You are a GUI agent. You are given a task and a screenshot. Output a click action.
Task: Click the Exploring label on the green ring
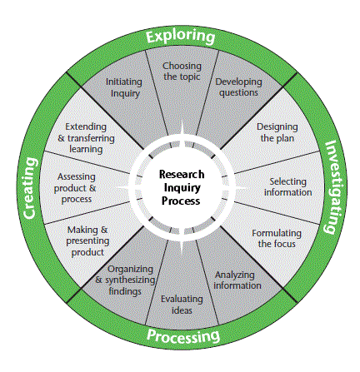coord(181,37)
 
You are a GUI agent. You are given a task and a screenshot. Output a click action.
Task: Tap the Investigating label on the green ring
coord(335,187)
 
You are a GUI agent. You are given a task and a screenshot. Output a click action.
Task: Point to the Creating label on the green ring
coord(29,188)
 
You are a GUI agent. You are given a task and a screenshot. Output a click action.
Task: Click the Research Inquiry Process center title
coord(181,187)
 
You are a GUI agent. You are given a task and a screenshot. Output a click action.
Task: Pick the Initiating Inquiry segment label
coord(124,87)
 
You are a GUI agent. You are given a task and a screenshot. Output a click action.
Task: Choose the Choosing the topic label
coord(182,72)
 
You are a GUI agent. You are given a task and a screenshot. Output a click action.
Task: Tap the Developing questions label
coord(238,87)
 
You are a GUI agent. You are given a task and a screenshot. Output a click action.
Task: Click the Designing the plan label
coord(277,132)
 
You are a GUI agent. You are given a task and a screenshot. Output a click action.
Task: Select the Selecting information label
coord(287,187)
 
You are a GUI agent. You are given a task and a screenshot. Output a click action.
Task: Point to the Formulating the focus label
coord(277,239)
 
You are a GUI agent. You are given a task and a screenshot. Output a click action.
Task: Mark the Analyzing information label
coord(237,280)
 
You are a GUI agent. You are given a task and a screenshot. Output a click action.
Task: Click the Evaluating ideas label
coord(182,305)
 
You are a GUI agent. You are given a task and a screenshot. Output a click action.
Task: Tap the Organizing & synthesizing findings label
coord(125,280)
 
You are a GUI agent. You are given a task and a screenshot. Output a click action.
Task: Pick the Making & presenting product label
coord(87,241)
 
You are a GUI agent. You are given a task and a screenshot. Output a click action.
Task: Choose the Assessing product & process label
coord(75,188)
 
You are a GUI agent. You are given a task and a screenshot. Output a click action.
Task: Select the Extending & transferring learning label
coord(86,138)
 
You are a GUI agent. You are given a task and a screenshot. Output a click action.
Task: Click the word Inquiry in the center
coord(182,188)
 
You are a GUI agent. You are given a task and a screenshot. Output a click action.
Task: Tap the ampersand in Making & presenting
coord(104,230)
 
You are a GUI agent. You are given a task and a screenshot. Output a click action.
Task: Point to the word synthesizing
coord(130,280)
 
